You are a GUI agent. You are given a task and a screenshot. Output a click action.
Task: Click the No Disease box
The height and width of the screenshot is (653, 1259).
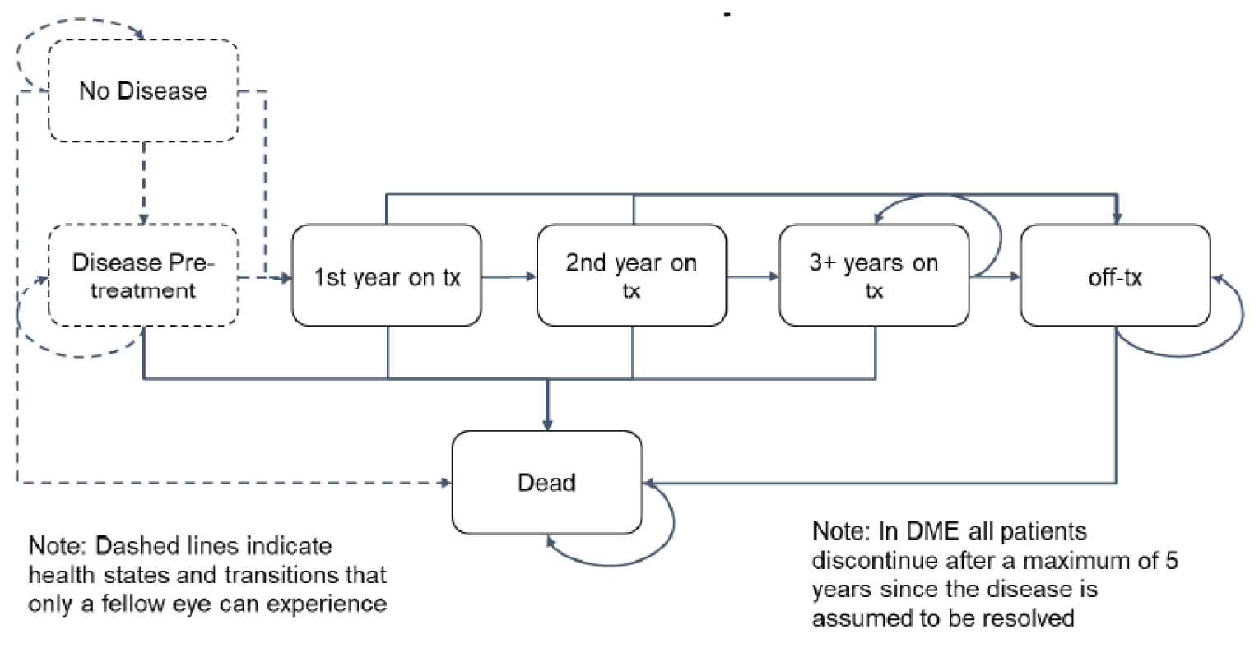tap(143, 90)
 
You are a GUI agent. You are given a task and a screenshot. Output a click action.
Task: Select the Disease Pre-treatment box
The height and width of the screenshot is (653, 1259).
tap(143, 276)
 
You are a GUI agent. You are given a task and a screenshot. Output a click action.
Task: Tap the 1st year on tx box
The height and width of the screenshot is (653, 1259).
tap(387, 276)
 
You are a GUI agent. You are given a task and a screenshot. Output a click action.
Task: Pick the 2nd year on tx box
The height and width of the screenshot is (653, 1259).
tap(631, 276)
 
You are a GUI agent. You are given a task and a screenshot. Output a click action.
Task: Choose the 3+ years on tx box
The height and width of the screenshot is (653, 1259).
tap(874, 276)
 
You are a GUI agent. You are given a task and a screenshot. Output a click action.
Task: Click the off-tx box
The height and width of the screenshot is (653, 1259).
tap(1115, 276)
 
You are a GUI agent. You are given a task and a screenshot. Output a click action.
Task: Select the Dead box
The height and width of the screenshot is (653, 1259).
tap(546, 482)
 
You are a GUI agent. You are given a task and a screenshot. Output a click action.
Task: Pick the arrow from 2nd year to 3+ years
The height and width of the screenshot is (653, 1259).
tap(752, 277)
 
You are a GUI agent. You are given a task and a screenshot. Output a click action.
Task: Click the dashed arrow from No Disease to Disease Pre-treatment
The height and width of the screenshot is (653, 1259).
tap(144, 181)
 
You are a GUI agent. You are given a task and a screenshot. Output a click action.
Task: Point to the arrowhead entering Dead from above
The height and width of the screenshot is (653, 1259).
tap(548, 421)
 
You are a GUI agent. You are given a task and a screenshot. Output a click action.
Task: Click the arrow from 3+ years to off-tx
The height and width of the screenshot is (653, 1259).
tap(996, 277)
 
